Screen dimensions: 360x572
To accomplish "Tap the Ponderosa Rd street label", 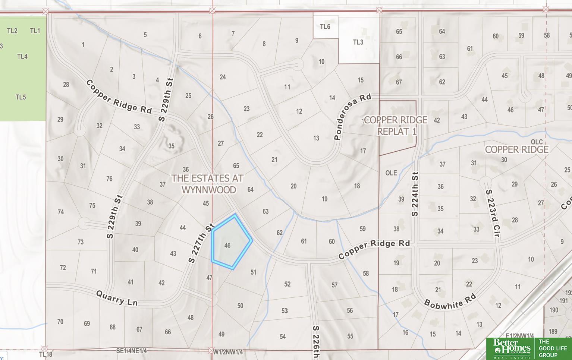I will pyautogui.click(x=352, y=117).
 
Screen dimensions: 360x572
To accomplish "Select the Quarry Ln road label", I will pyautogui.click(x=117, y=298).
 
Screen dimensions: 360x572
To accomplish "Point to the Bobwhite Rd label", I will pyautogui.click(x=450, y=300).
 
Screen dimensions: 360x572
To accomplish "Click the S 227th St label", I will pyautogui.click(x=201, y=243).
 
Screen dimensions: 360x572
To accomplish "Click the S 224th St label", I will pyautogui.click(x=415, y=194).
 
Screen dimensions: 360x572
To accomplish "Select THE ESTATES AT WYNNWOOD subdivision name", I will pyautogui.click(x=207, y=184).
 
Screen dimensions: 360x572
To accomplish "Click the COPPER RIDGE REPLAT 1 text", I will pyautogui.click(x=396, y=126).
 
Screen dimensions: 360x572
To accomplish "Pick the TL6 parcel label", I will pyautogui.click(x=325, y=26).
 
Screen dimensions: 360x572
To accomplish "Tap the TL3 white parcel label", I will pyautogui.click(x=358, y=42).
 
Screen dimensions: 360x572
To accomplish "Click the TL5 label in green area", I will pyautogui.click(x=21, y=97).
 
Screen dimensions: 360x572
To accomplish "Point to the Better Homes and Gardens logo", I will pyautogui.click(x=511, y=348).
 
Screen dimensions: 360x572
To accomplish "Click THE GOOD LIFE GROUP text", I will pyautogui.click(x=552, y=348).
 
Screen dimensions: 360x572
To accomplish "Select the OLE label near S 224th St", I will pyautogui.click(x=391, y=173).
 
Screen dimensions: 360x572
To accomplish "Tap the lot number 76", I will pyautogui.click(x=109, y=179).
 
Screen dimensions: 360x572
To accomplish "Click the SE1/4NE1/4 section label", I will pyautogui.click(x=131, y=351).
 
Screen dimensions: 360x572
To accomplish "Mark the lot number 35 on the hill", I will pyautogui.click(x=171, y=146).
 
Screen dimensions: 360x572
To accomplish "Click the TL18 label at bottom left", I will pyautogui.click(x=45, y=354).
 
